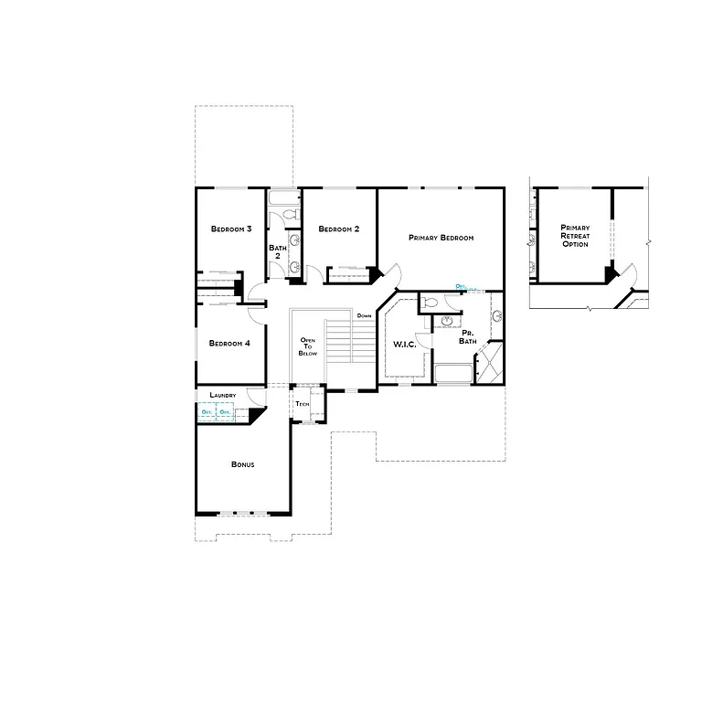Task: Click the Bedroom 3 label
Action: click(x=231, y=229)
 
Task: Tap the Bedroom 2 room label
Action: click(x=339, y=229)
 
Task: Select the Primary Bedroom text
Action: click(x=441, y=238)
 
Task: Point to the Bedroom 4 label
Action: click(x=229, y=344)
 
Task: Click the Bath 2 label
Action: click(x=277, y=251)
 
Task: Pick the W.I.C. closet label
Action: click(x=404, y=345)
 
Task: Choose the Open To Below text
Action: click(x=308, y=346)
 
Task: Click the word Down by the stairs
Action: click(x=364, y=315)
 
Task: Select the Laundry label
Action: click(x=223, y=395)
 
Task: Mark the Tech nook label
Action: click(x=302, y=403)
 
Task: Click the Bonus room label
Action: click(x=242, y=464)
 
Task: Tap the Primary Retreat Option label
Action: click(x=575, y=236)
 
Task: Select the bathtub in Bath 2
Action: click(x=283, y=197)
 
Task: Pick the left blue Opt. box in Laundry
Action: click(x=207, y=412)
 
